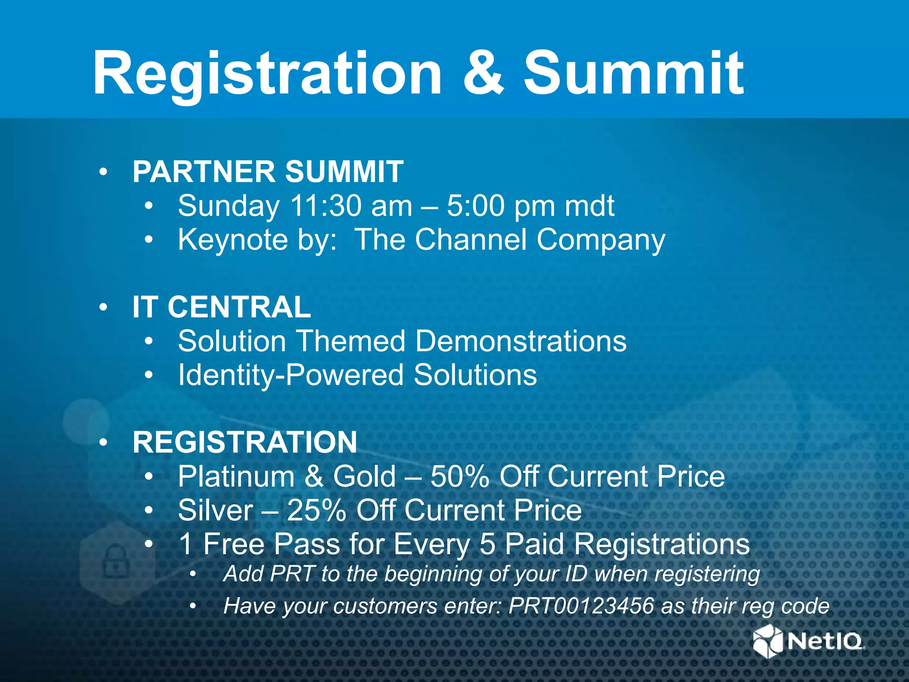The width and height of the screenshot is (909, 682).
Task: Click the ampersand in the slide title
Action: coord(483,74)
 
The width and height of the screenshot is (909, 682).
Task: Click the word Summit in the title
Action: coord(634,74)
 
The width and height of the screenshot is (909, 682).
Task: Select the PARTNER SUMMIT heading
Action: coord(268,172)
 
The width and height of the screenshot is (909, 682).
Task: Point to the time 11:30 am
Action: coord(351,206)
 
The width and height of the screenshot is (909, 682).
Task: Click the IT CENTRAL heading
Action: coord(221,307)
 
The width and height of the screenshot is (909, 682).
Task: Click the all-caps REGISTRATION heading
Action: coord(245,443)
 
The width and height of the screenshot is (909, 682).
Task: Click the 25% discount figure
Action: coord(316,511)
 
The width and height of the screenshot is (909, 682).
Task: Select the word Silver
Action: coord(215,511)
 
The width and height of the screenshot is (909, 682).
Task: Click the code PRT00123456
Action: coord(581,606)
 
